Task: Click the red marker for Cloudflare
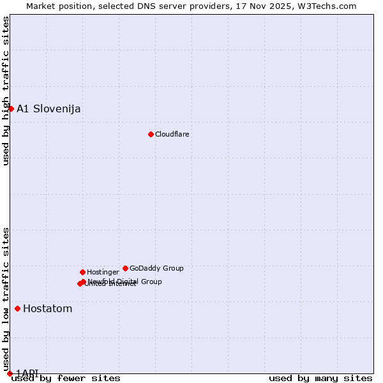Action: (x=151, y=134)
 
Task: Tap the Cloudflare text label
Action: (x=172, y=134)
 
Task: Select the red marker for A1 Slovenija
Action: (x=11, y=109)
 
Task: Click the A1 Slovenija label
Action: (x=49, y=109)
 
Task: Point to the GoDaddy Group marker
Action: (x=125, y=268)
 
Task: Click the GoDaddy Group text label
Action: (x=156, y=268)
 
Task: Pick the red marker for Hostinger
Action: (x=82, y=272)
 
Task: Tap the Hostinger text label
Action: (x=103, y=272)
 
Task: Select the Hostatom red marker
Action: (x=17, y=308)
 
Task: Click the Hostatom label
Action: (x=47, y=309)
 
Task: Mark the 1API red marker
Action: (x=10, y=373)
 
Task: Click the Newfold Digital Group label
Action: (x=125, y=281)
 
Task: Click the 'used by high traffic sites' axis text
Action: (x=6, y=91)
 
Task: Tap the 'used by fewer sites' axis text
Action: (x=66, y=378)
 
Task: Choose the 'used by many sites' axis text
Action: (x=320, y=378)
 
